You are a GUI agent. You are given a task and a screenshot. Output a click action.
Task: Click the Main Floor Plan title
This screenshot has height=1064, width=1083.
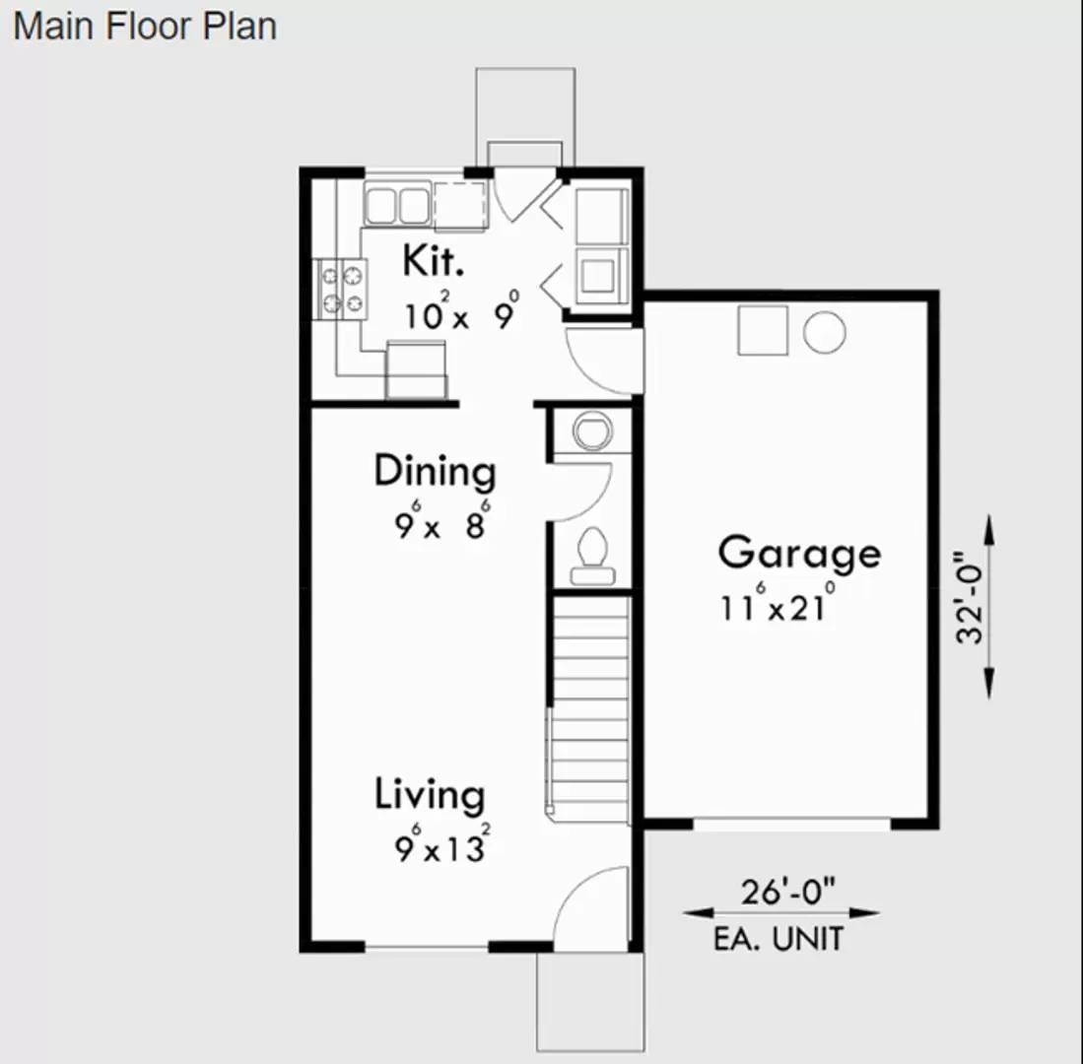[145, 27]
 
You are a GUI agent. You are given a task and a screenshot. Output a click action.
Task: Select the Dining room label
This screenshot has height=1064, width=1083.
[435, 472]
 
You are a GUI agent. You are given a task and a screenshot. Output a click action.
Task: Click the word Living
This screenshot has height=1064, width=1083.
[430, 795]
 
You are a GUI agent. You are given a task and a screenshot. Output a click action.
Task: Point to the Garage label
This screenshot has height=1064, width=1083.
[799, 554]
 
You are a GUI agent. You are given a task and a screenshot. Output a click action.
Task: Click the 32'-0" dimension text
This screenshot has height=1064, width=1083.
[973, 608]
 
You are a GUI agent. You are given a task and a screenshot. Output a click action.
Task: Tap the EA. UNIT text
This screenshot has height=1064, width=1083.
[778, 939]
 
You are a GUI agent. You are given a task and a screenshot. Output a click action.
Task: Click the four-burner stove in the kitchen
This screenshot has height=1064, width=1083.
[341, 289]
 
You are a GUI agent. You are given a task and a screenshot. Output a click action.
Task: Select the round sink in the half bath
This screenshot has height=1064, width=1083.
[592, 432]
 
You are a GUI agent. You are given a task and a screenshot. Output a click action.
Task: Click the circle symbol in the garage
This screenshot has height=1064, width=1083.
[824, 332]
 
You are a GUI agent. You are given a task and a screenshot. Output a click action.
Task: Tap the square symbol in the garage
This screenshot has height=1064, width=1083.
[763, 330]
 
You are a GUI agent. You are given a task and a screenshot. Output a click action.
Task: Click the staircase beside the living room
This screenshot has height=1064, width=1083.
[589, 709]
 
